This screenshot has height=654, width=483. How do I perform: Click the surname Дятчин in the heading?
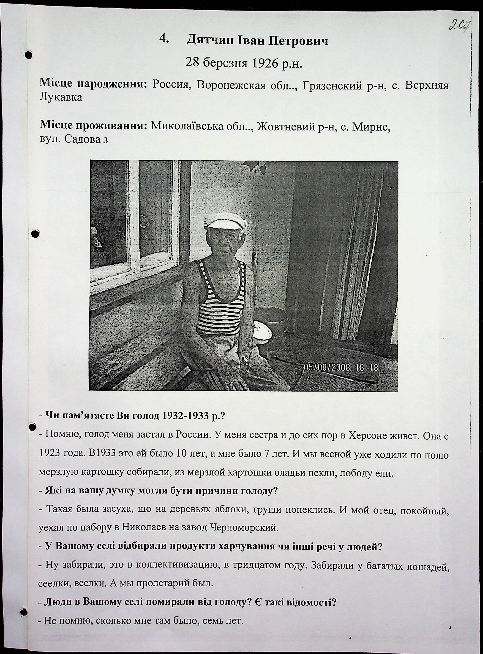(x=210, y=41)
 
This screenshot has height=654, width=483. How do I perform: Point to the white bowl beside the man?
(x=262, y=330)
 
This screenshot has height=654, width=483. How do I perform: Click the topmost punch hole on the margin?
(x=29, y=55)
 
